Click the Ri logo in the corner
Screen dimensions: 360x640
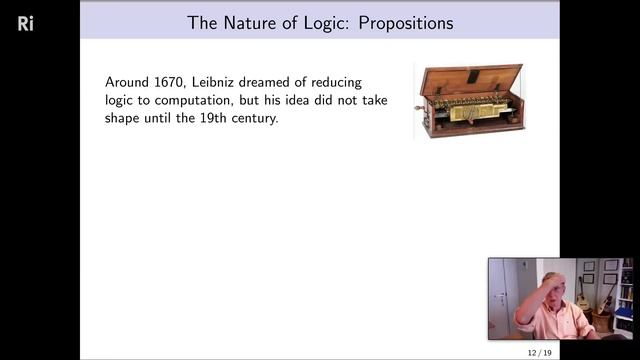(x=26, y=23)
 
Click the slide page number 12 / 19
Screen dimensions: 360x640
(x=540, y=353)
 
